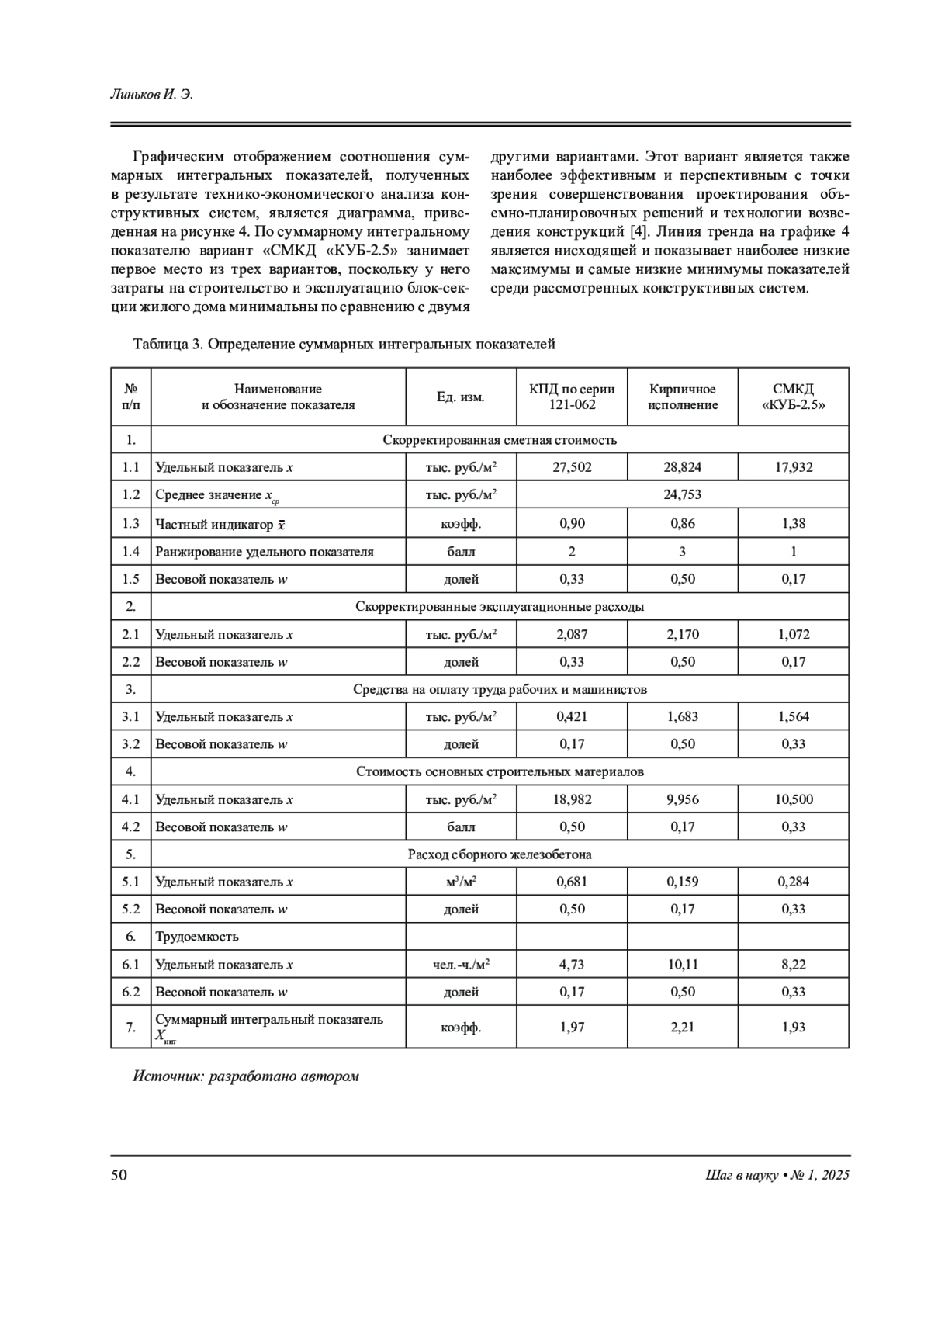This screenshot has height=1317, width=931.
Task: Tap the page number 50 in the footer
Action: tap(119, 1175)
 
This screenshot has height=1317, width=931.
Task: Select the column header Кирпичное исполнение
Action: tap(683, 397)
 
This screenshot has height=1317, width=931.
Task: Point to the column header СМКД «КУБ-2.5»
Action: tap(793, 397)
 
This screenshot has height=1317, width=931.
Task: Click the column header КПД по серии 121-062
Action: tap(572, 397)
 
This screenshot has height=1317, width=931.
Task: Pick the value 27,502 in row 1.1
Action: tap(572, 467)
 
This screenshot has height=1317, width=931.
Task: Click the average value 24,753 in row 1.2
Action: tap(683, 494)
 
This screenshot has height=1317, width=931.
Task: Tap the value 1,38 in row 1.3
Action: tap(793, 523)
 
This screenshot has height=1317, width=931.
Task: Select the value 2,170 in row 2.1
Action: tap(683, 634)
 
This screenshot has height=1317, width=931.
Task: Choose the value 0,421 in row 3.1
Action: tap(572, 716)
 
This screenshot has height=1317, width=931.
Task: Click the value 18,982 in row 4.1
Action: tap(572, 799)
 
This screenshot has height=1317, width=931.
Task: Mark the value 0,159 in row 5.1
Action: tap(683, 882)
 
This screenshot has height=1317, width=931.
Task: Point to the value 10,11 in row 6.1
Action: tap(683, 965)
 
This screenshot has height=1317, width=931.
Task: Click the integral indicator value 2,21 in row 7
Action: tap(683, 1027)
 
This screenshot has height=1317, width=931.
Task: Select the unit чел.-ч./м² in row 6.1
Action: tap(461, 965)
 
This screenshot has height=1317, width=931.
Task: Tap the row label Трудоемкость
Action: tap(197, 937)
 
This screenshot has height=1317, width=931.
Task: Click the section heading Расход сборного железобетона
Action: tap(500, 854)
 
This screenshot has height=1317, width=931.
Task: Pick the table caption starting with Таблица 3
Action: tap(344, 344)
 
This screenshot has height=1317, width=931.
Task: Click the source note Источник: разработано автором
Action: tap(246, 1076)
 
